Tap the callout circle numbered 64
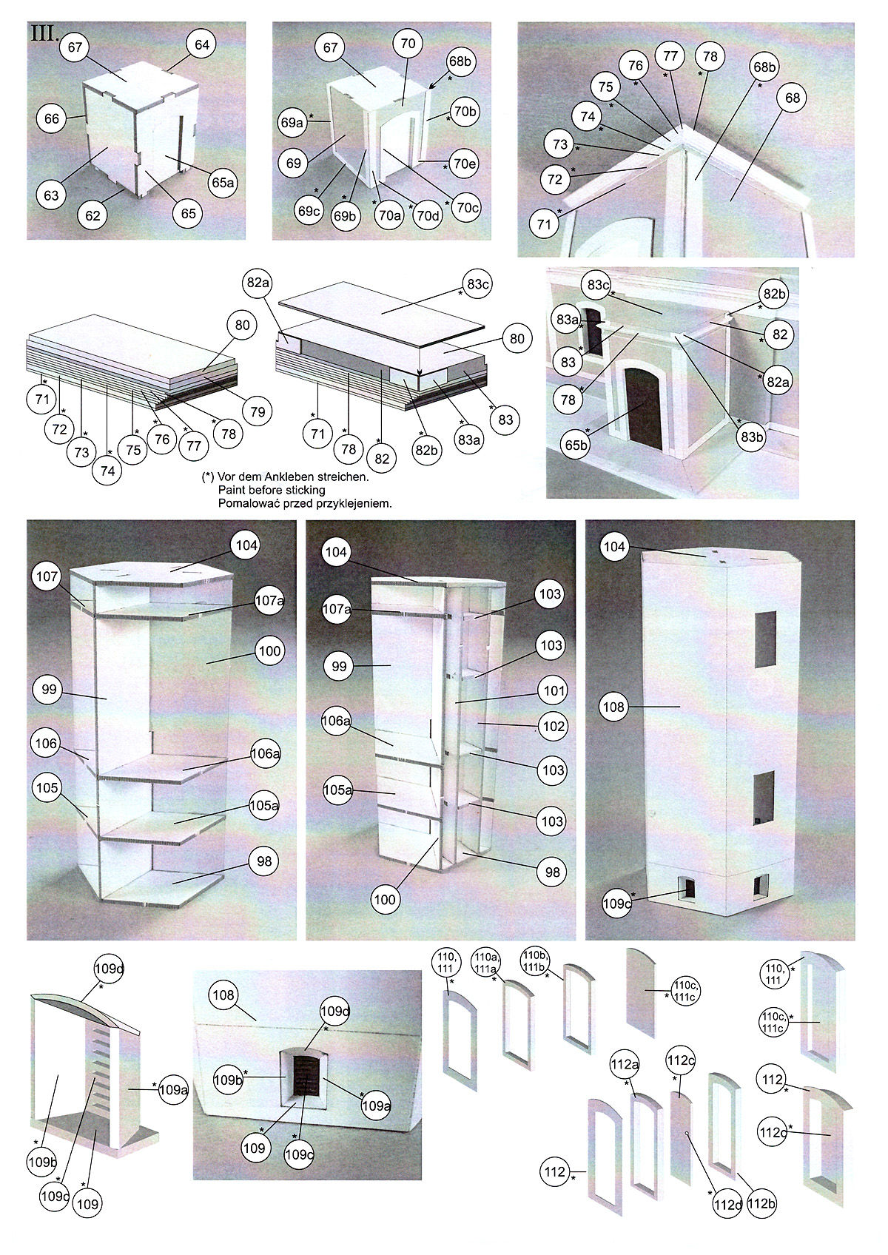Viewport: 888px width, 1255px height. pos(202,44)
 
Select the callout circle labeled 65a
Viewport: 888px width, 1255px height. pos(223,181)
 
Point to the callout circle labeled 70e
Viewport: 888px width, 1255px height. pos(463,164)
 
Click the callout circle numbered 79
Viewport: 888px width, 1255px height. pos(257,411)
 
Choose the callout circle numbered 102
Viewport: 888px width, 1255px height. pos(554,726)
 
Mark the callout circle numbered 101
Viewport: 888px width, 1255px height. pos(554,690)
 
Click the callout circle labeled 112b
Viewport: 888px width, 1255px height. pos(761,1204)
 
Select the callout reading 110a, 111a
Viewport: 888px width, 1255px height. pos(486,962)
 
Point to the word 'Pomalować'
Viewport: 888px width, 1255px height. pos(249,502)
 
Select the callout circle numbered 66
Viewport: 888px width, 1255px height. pos(52,118)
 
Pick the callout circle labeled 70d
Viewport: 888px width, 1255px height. pos(426,216)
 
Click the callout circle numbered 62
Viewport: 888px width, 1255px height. pos(92,216)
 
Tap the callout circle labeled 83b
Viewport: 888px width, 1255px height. pos(751,437)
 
